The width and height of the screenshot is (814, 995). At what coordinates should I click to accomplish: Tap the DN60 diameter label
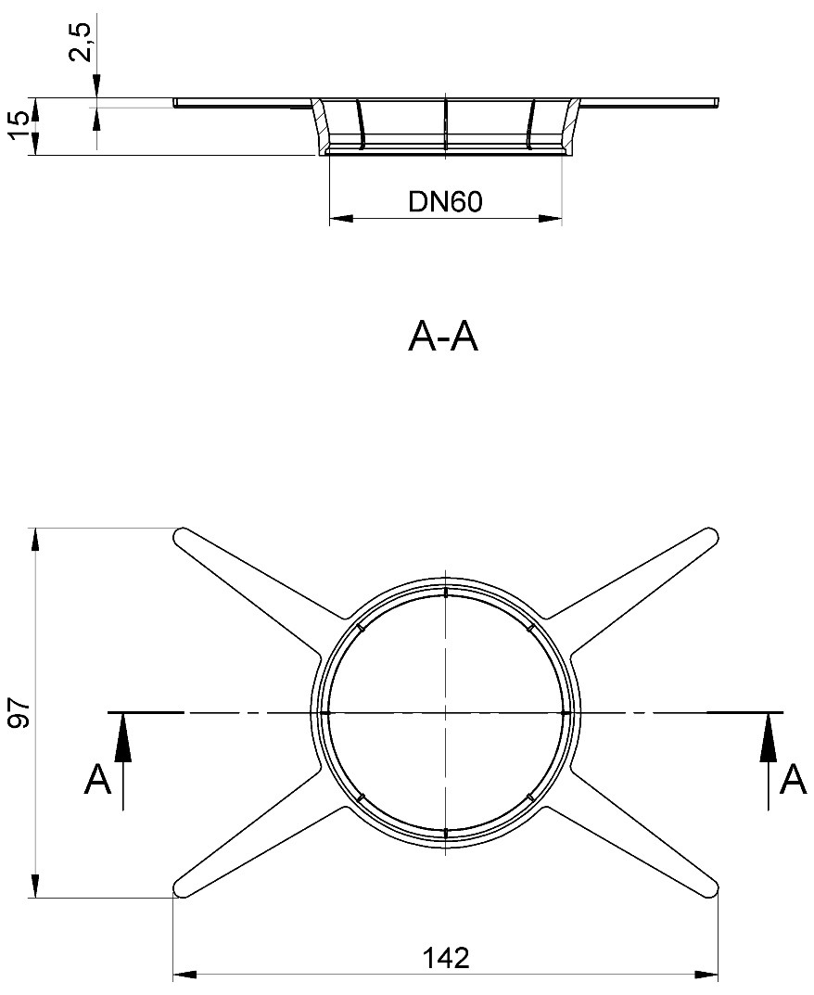pos(445,201)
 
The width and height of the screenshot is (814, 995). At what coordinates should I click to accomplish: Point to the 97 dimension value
pos(20,715)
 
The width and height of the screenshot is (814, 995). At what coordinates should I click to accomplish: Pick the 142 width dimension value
pos(446,958)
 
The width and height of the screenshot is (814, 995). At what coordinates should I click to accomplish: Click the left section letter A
pos(97,780)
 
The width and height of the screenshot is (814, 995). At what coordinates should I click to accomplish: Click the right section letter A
pos(793,780)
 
